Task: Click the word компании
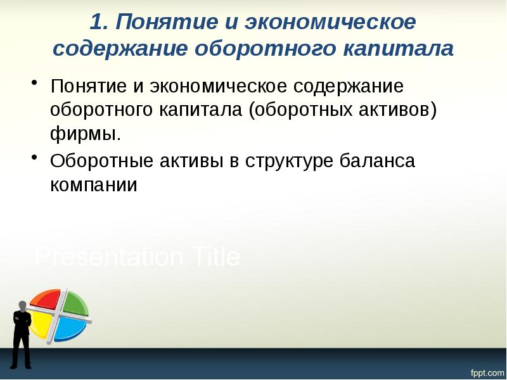pos(94,185)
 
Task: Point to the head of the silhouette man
pos(22,304)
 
